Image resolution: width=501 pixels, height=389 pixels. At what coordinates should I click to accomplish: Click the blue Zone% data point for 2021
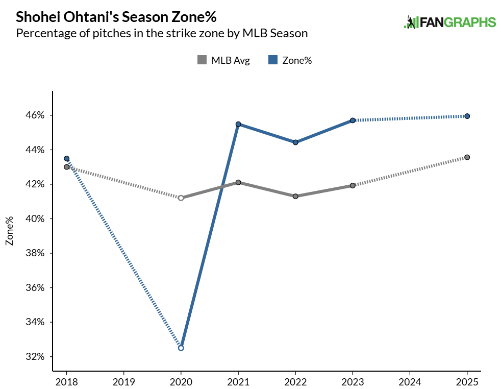[238, 124]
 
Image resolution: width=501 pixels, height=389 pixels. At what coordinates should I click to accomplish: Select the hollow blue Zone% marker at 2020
[181, 348]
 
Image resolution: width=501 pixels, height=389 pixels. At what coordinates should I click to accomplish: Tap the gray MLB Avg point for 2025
[467, 157]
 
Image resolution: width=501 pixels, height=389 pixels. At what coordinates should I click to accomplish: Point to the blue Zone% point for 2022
[295, 142]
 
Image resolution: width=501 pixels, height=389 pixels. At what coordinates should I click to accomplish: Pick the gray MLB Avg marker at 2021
[238, 182]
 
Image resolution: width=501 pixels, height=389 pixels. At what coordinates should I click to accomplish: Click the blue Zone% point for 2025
[467, 116]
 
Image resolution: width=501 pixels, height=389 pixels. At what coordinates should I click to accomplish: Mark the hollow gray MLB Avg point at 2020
[181, 198]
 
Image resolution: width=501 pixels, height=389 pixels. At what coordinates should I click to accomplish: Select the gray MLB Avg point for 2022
[295, 196]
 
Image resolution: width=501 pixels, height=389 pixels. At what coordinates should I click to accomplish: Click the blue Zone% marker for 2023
[353, 120]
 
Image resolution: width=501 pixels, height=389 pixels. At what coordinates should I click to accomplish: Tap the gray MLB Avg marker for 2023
[353, 185]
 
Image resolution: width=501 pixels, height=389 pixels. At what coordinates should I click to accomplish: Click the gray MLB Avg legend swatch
[202, 60]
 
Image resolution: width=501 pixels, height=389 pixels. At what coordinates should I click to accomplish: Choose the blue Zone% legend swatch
[273, 60]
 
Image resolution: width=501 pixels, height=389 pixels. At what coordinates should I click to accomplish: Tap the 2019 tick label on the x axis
[123, 381]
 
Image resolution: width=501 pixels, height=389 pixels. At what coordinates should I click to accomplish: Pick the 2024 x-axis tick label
[410, 381]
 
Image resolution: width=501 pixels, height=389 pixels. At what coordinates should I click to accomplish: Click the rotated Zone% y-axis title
[9, 230]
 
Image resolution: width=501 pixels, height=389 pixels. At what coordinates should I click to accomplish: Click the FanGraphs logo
[449, 22]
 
